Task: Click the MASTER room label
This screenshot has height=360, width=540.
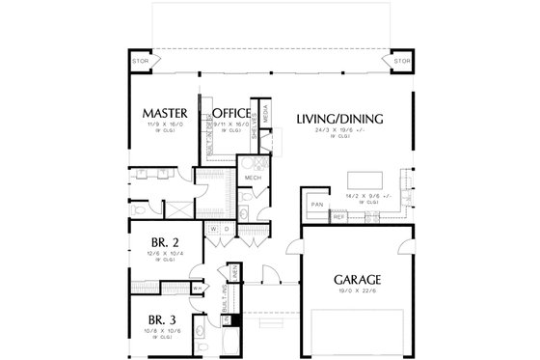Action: click(164, 112)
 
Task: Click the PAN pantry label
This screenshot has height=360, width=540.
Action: click(314, 205)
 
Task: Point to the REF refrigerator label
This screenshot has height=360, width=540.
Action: click(338, 218)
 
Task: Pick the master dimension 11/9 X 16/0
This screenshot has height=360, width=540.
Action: click(163, 125)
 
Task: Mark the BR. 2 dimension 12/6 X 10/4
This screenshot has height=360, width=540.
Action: click(160, 255)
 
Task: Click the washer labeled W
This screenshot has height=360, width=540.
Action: click(214, 230)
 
